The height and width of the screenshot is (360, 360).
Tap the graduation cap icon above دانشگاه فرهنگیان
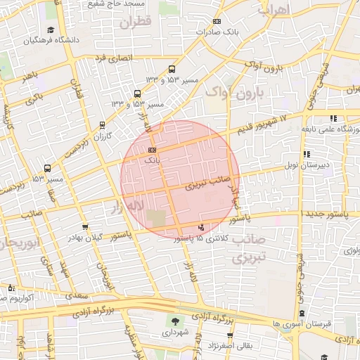51,30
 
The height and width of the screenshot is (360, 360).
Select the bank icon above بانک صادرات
215,22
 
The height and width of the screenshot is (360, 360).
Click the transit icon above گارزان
103,125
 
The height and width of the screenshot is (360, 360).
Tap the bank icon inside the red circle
153,150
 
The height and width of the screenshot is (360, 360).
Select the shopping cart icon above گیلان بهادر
86,227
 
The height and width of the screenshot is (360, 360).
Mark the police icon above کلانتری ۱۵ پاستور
202,227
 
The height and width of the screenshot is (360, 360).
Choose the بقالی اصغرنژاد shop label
228,346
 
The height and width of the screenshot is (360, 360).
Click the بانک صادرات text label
214,32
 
